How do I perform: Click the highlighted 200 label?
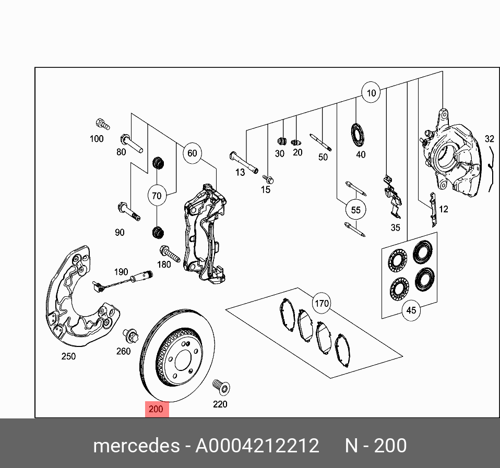156,409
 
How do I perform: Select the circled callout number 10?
371,93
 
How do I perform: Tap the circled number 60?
192,153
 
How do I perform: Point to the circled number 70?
157,196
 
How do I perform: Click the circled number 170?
322,303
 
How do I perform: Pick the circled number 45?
411,310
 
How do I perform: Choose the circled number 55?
355,210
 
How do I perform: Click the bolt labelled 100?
102,125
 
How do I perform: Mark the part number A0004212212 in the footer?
257,446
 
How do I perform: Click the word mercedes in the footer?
135,446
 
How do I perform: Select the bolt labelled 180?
170,254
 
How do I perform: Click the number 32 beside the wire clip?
489,139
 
